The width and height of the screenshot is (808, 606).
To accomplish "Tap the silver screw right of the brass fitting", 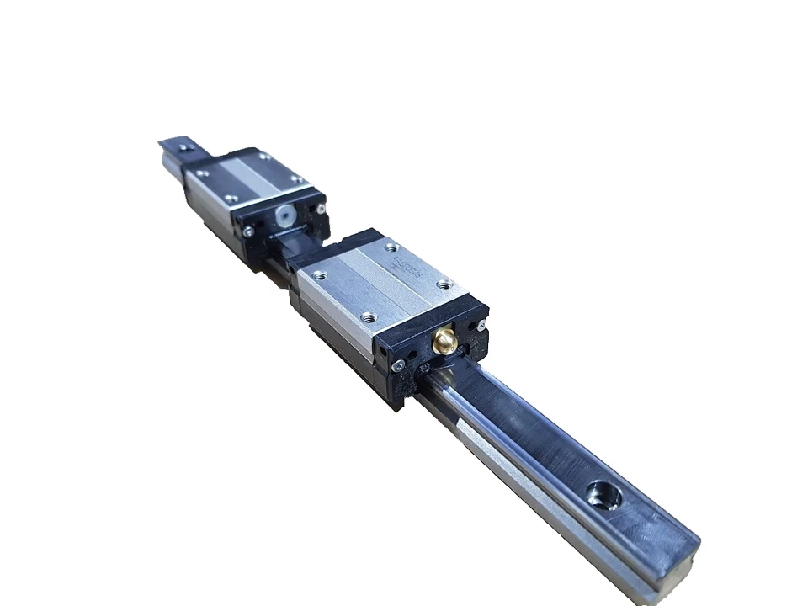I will [480, 327].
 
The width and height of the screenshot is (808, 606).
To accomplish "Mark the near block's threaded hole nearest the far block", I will [318, 275].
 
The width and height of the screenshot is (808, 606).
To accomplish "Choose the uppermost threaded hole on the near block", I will [390, 247].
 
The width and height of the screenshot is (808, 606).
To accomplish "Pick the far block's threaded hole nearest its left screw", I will [231, 199].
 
